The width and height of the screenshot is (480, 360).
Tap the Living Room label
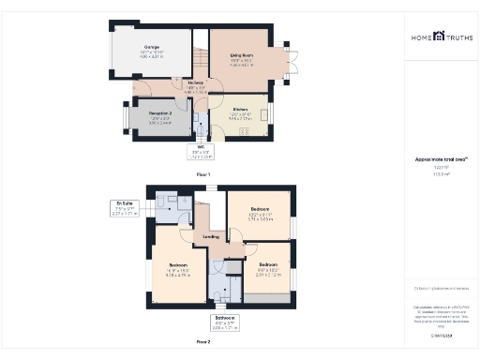243,58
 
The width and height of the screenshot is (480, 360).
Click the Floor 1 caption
203,174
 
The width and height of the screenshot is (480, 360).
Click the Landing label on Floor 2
212,237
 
